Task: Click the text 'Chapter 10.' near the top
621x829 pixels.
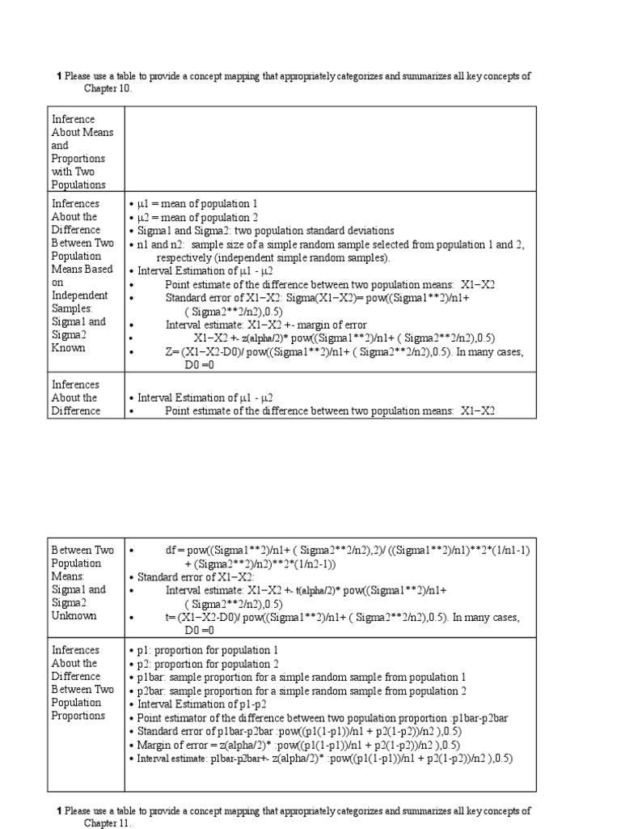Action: point(108,88)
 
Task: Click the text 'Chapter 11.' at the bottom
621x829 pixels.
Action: point(108,823)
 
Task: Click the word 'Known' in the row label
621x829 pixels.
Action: point(70,347)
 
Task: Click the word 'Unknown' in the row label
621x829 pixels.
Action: point(74,615)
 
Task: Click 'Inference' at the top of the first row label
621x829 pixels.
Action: point(74,119)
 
